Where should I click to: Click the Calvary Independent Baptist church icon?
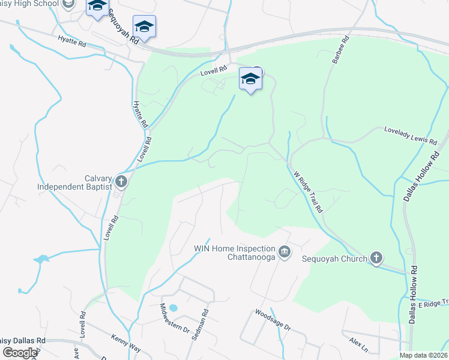click(x=121, y=181)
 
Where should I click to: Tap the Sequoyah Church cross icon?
click(x=376, y=258)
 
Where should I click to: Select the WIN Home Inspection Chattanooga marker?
click(x=285, y=251)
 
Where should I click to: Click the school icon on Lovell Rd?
click(x=251, y=79)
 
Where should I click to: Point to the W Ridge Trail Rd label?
click(x=309, y=191)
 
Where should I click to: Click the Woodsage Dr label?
click(x=273, y=320)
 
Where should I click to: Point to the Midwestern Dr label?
click(x=174, y=321)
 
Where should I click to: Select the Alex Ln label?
click(x=358, y=344)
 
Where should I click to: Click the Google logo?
click(x=20, y=353)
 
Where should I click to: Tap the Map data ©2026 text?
click(x=423, y=355)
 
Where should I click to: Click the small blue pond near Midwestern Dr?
click(x=173, y=308)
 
